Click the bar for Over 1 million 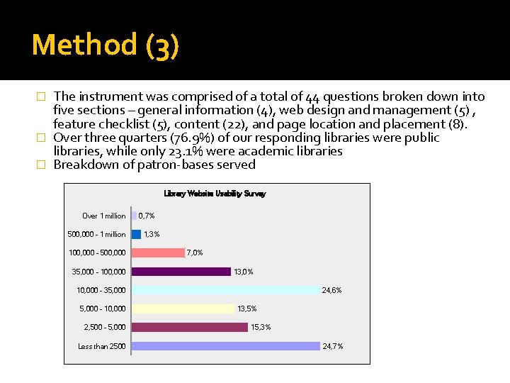pyautogui.click(x=134, y=216)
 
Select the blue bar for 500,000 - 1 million pyautogui.click(x=137, y=234)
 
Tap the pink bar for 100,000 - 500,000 pyautogui.click(x=158, y=252)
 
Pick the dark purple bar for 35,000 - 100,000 pyautogui.click(x=181, y=271)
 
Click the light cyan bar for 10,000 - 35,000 pyautogui.click(x=225, y=289)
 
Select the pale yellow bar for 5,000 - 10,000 pyautogui.click(x=183, y=309)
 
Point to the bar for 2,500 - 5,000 pyautogui.click(x=189, y=327)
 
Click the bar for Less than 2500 pyautogui.click(x=225, y=345)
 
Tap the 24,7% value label pyautogui.click(x=332, y=346)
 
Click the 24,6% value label pyautogui.click(x=331, y=290)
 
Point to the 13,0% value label pyautogui.click(x=244, y=272)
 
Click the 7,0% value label pyautogui.click(x=195, y=252)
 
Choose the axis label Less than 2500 pyautogui.click(x=102, y=346)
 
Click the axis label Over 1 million pyautogui.click(x=104, y=216)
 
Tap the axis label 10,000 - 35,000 pyautogui.click(x=101, y=290)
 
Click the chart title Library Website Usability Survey pyautogui.click(x=215, y=194)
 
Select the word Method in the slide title pyautogui.click(x=84, y=45)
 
